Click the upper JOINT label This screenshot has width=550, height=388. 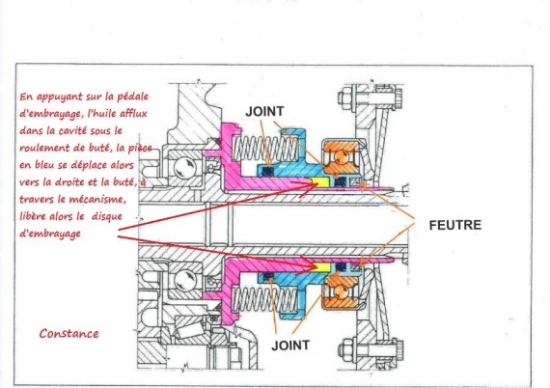coord(264,112)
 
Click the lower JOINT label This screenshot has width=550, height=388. coord(290,346)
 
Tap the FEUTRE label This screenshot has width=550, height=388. coord(455,225)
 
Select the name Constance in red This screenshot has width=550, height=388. coord(69,333)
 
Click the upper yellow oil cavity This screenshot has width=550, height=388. coord(321,181)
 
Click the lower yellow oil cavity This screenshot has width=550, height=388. coord(322,267)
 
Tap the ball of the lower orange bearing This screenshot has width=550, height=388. coord(341,291)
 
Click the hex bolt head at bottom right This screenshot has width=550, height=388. coord(344,348)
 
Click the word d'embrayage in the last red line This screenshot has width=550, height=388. coord(50,234)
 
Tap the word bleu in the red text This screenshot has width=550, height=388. coord(42,164)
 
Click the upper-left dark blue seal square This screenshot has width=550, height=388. coord(268,172)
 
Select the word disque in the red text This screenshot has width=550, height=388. coord(107,216)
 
